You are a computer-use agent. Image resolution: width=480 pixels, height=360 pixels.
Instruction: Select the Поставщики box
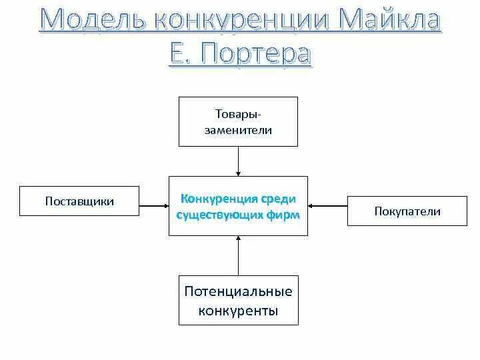tap(79, 201)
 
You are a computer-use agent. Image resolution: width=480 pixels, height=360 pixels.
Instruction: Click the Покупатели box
tap(407, 211)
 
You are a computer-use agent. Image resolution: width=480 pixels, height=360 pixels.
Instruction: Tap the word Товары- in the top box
tap(238, 115)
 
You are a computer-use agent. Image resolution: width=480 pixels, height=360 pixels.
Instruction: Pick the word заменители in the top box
tap(238, 130)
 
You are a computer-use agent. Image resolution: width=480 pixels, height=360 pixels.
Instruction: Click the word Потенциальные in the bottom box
tap(238, 291)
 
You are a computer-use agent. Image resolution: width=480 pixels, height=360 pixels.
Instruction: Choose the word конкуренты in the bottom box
tap(238, 311)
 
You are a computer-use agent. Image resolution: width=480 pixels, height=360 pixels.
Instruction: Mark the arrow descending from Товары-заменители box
tap(238, 161)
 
